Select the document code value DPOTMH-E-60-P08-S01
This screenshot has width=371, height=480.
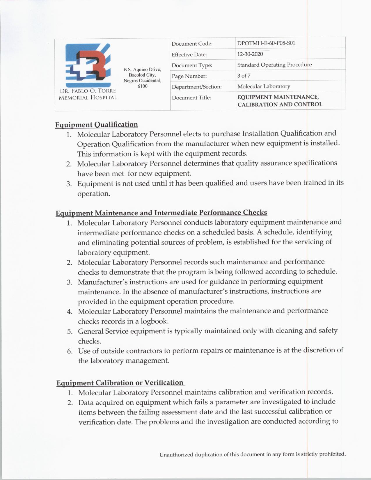tap(266, 43)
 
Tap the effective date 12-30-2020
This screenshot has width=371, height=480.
tap(250, 54)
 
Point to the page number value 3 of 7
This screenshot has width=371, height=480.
tap(244, 76)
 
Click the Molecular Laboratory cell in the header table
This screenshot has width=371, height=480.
tap(264, 86)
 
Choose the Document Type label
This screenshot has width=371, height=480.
tap(192, 65)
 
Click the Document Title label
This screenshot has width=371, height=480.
tap(191, 98)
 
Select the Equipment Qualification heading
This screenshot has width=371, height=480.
tap(97, 125)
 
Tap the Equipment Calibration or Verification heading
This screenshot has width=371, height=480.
tap(120, 383)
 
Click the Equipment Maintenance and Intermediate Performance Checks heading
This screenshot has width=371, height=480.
tap(161, 213)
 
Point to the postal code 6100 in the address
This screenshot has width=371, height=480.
tap(142, 86)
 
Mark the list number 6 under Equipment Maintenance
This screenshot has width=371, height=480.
tap(70, 351)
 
